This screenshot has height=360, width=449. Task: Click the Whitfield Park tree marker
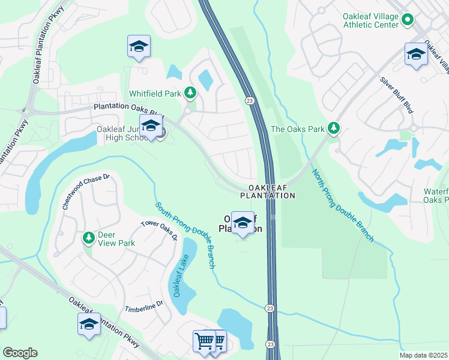coord(190,92)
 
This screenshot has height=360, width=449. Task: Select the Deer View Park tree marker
coord(89,238)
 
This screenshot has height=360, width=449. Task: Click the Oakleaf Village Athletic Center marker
coord(408,20)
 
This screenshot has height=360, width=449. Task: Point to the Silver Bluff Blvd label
coord(397,95)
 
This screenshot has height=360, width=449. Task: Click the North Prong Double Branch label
coord(343,205)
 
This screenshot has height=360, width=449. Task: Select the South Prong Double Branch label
coord(185,235)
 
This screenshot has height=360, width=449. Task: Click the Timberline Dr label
coord(144,307)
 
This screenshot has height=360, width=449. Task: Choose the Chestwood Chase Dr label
coord(87,191)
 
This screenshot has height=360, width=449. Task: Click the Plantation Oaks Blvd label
coord(128,109)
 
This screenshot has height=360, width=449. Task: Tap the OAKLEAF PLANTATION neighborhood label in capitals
coord(268,191)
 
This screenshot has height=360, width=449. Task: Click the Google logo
coord(20,353)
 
